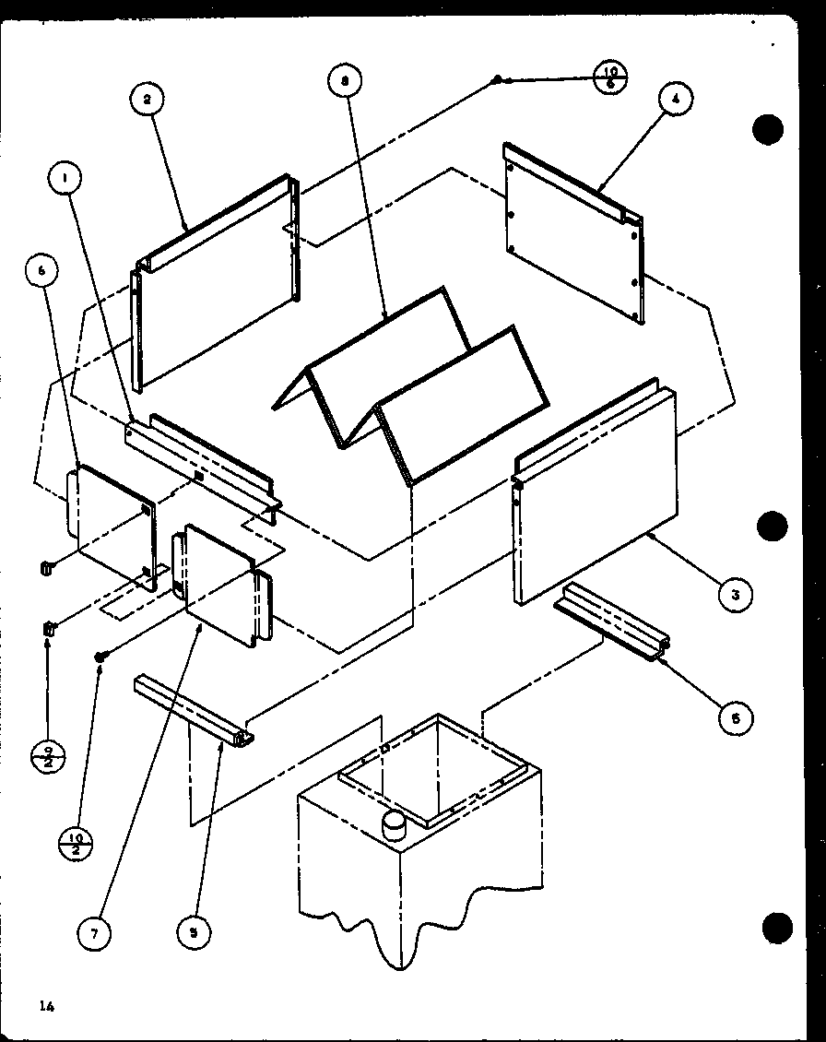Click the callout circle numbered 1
65,179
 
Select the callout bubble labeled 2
147,99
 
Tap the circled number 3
735,595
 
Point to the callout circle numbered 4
676,100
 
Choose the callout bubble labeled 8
344,81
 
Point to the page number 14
47,1006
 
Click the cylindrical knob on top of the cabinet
394,826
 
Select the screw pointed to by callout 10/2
102,655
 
